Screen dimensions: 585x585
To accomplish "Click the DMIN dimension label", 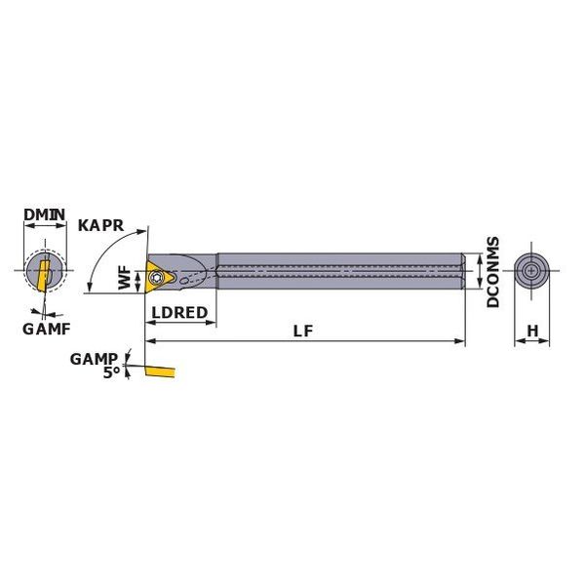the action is (45, 214).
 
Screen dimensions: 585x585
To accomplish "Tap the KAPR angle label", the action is (100, 226).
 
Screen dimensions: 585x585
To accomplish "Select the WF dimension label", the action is (126, 278).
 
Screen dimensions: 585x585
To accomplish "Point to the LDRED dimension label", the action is (179, 313).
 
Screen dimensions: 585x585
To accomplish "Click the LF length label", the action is (303, 331).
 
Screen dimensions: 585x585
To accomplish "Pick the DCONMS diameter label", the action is (493, 272).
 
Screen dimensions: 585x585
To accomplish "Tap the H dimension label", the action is (532, 331).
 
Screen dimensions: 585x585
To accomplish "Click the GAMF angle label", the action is (47, 330).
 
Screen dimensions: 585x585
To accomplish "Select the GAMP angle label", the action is (94, 359).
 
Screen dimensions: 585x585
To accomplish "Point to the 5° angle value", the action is (111, 372).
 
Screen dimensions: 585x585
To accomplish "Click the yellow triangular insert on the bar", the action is (159, 277).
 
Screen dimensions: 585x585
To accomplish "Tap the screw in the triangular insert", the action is (156, 277).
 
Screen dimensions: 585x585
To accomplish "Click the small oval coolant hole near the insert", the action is (183, 282).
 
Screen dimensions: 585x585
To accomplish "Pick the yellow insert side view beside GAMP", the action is (160, 371).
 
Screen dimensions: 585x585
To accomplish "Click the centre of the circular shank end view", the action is (531, 271).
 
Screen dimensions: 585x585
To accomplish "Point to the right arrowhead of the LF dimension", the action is (460, 341).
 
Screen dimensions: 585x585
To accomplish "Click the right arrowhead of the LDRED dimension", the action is (212, 322).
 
